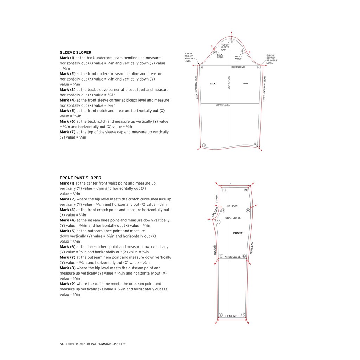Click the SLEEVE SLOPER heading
tap(76, 52)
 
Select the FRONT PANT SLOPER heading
tap(81, 178)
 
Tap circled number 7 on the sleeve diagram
tap(233, 41)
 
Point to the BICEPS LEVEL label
tap(238, 67)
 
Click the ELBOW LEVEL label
tap(223, 105)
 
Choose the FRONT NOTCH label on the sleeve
tap(238, 57)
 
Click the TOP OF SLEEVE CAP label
tap(225, 47)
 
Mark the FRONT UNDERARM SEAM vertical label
tap(264, 89)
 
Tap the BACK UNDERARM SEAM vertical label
tap(197, 87)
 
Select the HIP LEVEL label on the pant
tap(232, 206)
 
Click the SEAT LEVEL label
tap(233, 218)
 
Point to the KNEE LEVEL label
tap(233, 257)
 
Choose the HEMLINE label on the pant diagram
tap(231, 316)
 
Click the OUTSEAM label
tap(251, 247)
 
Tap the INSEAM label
tap(214, 250)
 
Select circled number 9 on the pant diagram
tap(246, 190)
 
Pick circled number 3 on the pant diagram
tap(218, 222)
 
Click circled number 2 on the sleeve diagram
tap(256, 144)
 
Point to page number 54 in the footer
tap(62, 344)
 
